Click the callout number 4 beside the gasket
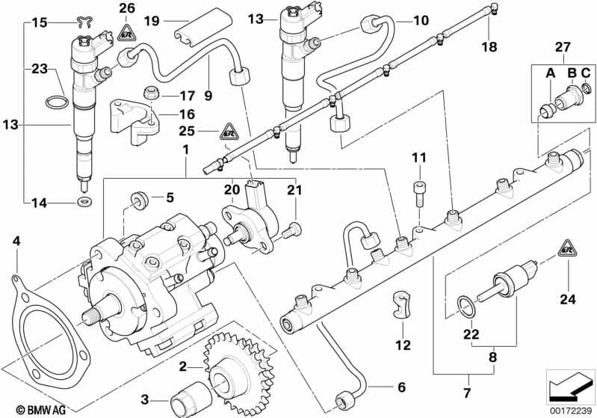(x=16, y=241)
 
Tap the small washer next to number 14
(x=81, y=202)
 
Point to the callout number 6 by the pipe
(x=400, y=387)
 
